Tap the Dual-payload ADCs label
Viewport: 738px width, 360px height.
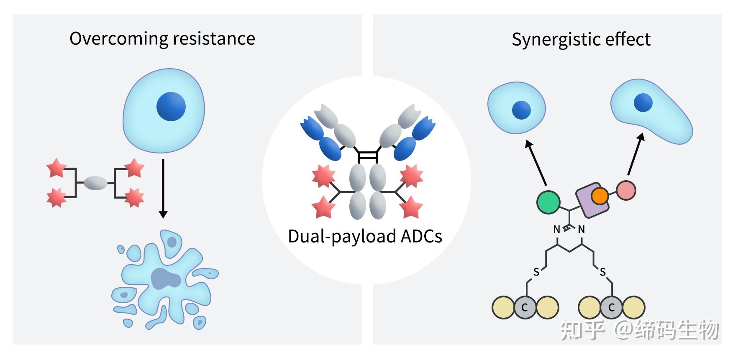[x=365, y=236]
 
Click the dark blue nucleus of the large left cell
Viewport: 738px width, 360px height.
[x=171, y=106]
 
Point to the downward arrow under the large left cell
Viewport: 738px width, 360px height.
[x=163, y=188]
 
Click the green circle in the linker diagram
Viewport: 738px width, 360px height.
[x=548, y=202]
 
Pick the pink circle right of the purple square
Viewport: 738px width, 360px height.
[x=626, y=190]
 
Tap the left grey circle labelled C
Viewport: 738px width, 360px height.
[x=525, y=308]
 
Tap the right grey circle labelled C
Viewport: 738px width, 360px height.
[x=611, y=308]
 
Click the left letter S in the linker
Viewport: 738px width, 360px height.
[x=536, y=273]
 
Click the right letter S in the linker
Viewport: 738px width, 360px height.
[x=602, y=273]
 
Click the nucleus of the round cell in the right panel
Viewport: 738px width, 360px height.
[x=521, y=110]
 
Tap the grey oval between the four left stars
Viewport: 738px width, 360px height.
[x=95, y=183]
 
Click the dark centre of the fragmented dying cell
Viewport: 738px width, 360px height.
[x=165, y=278]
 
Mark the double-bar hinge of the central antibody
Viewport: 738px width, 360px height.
[x=367, y=157]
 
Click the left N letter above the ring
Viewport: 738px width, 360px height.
[x=556, y=230]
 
